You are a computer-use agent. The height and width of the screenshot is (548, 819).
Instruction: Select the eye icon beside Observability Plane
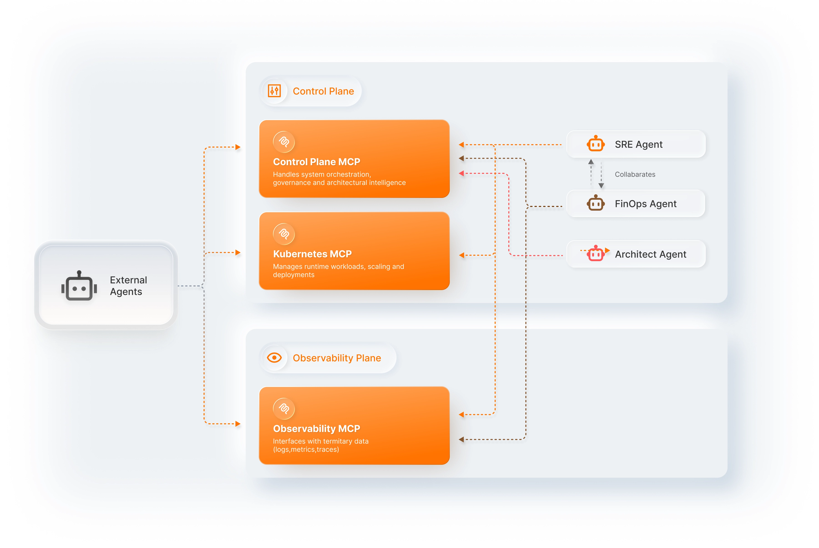click(x=274, y=358)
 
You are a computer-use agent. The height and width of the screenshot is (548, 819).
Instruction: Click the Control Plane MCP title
click(x=316, y=162)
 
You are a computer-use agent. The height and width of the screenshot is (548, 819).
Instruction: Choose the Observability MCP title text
click(x=316, y=429)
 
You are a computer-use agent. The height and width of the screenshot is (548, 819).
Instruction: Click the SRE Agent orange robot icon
click(x=596, y=144)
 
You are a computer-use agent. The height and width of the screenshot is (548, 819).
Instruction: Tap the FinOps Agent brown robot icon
click(x=596, y=203)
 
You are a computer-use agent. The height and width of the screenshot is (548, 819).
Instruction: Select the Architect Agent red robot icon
click(x=596, y=254)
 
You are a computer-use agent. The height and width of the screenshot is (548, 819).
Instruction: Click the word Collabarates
click(x=635, y=174)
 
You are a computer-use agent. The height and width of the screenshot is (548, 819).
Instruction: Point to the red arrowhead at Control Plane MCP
click(x=461, y=173)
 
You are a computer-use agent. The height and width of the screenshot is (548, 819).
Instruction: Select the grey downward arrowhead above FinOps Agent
click(x=601, y=186)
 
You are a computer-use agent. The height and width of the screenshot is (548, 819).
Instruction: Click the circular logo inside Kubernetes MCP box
click(x=284, y=234)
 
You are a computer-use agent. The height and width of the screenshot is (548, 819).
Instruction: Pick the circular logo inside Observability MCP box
click(x=284, y=409)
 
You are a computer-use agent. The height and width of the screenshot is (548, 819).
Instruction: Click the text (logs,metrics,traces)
click(x=306, y=450)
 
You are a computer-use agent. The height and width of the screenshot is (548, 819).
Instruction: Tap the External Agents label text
click(x=128, y=286)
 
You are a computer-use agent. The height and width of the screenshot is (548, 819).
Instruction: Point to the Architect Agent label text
click(x=650, y=254)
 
